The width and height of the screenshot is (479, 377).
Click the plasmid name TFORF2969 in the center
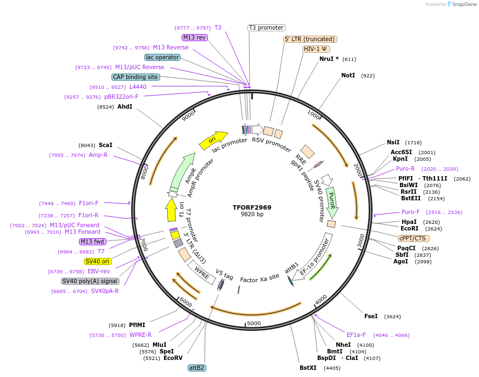pyautogui.click(x=252, y=207)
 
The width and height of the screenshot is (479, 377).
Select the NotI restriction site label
pyautogui.click(x=348, y=75)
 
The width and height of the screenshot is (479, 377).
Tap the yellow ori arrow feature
pyautogui.click(x=213, y=140)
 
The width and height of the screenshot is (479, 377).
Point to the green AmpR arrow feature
pyautogui.click(x=183, y=171)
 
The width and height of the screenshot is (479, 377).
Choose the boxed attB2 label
pyautogui.click(x=196, y=368)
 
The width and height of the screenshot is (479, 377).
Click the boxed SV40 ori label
pyautogui.click(x=98, y=261)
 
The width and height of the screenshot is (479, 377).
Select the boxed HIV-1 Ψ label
pyautogui.click(x=316, y=49)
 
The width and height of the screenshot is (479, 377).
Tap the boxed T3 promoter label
pyautogui.click(x=266, y=27)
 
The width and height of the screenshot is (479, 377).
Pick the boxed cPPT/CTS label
pyautogui.click(x=414, y=238)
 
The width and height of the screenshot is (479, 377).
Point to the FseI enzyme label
pyautogui.click(x=371, y=316)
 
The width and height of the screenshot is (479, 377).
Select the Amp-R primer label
pyautogui.click(x=98, y=155)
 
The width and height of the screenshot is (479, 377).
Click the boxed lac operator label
pyautogui.click(x=162, y=57)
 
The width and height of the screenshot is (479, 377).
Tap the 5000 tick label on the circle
pyautogui.click(x=253, y=323)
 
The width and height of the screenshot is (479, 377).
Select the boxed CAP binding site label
pyautogui.click(x=136, y=77)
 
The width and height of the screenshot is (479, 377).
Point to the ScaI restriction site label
pyautogui.click(x=105, y=145)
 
